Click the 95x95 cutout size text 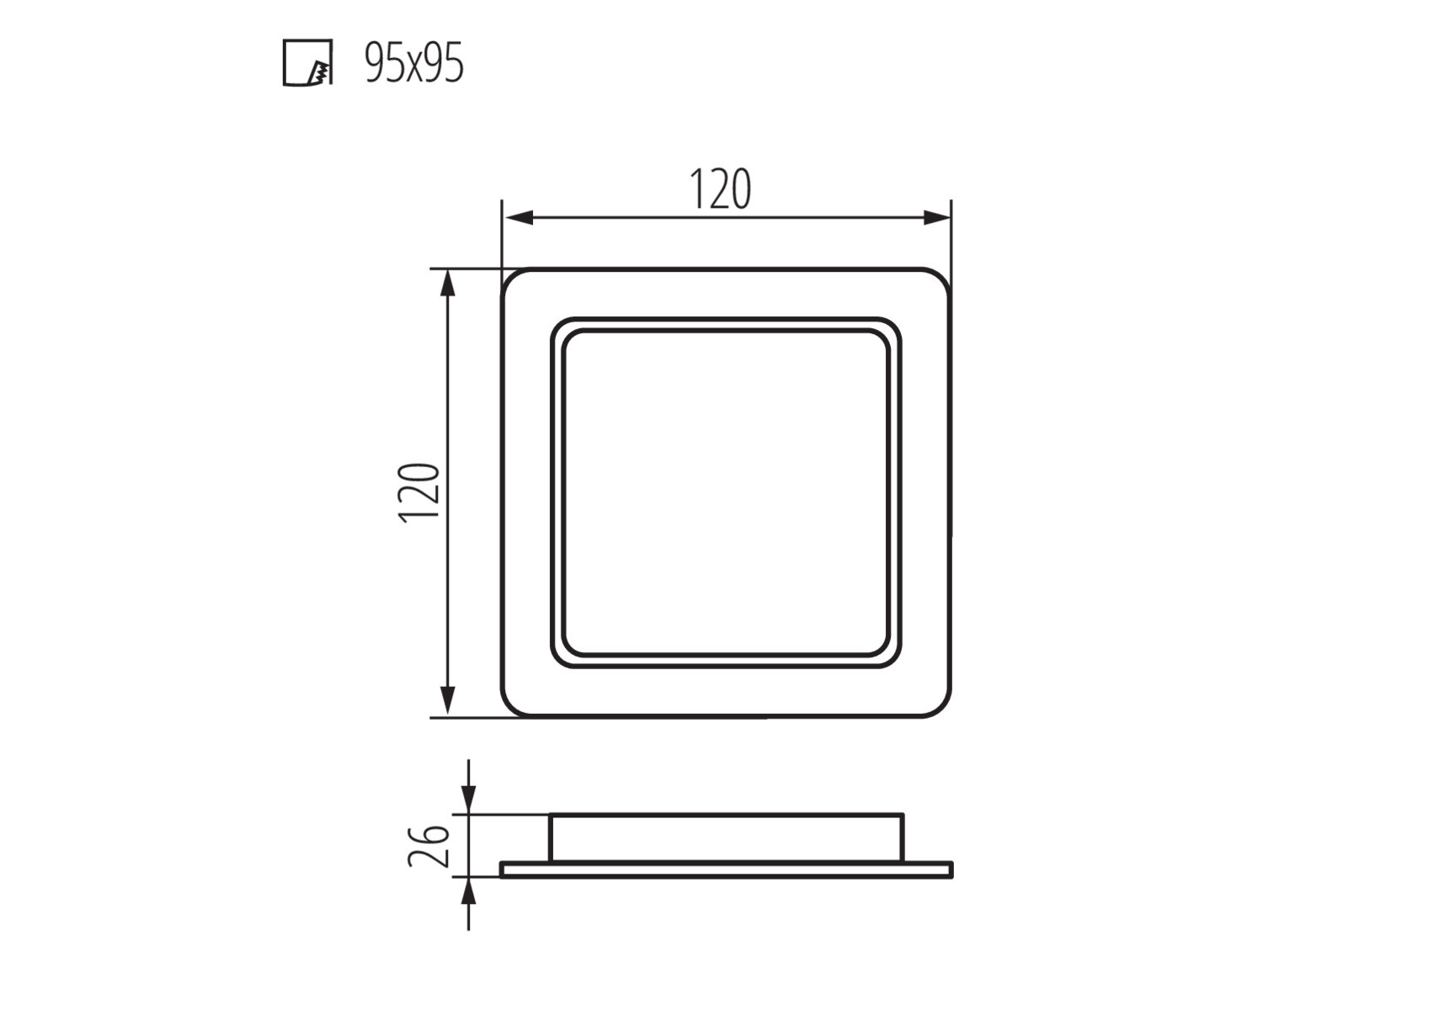click(413, 64)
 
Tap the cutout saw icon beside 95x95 click(307, 63)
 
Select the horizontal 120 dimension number click(721, 189)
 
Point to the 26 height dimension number click(429, 845)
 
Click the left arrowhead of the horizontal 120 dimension click(518, 218)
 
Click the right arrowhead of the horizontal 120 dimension click(936, 218)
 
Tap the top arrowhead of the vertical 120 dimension click(448, 284)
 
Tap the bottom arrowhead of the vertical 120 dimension click(448, 702)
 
